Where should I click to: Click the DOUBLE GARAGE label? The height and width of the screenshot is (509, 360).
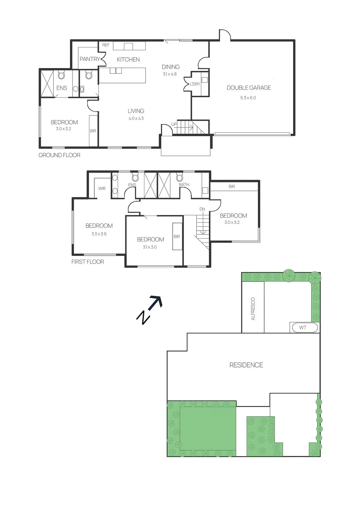tap(249, 88)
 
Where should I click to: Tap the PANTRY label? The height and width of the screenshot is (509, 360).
tap(89, 59)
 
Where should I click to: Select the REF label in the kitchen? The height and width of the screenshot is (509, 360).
tap(106, 45)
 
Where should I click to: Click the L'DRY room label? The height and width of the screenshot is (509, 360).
tap(195, 84)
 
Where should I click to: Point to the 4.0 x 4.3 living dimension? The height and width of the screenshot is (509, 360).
tap(136, 118)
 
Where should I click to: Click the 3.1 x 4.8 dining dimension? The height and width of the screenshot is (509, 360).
tap(170, 74)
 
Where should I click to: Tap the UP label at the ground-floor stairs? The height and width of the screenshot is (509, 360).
tap(174, 124)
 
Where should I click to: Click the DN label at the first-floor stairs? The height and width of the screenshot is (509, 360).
tap(202, 209)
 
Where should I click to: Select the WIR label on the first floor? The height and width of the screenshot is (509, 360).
tap(102, 189)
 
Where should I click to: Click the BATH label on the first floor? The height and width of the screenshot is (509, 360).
tap(184, 185)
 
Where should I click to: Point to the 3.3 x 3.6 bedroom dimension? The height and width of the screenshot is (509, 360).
tap(99, 234)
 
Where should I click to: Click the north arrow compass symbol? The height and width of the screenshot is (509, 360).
tap(149, 310)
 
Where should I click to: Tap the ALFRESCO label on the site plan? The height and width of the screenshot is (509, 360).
tap(253, 309)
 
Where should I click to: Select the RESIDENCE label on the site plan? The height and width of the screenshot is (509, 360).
tap(246, 365)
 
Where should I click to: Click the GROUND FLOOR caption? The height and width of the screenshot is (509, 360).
tap(59, 155)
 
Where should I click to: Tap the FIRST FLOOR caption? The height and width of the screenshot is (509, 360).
tap(88, 262)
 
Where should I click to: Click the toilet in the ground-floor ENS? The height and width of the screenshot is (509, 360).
tap(61, 75)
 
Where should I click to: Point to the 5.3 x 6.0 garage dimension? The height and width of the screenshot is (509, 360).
tap(248, 98)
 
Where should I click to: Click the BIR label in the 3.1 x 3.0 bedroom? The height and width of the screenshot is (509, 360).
tap(177, 237)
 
